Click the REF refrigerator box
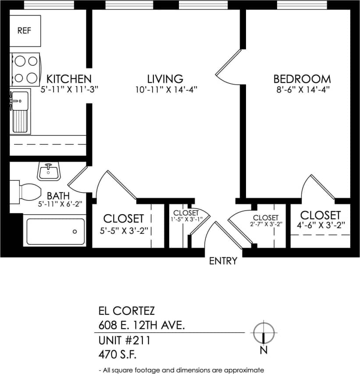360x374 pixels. point(25,31)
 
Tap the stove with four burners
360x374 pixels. point(25,69)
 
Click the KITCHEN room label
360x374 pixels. point(69,79)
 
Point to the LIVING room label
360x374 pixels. point(165,79)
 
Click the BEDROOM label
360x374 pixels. point(302,79)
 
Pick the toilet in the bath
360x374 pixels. point(28,191)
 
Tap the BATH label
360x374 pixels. point(58,195)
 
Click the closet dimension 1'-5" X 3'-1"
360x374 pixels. point(185,219)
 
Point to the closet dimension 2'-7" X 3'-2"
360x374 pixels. point(266,224)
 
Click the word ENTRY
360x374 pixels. point(223,261)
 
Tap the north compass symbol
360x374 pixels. point(264,333)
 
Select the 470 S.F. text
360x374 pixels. point(115,353)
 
